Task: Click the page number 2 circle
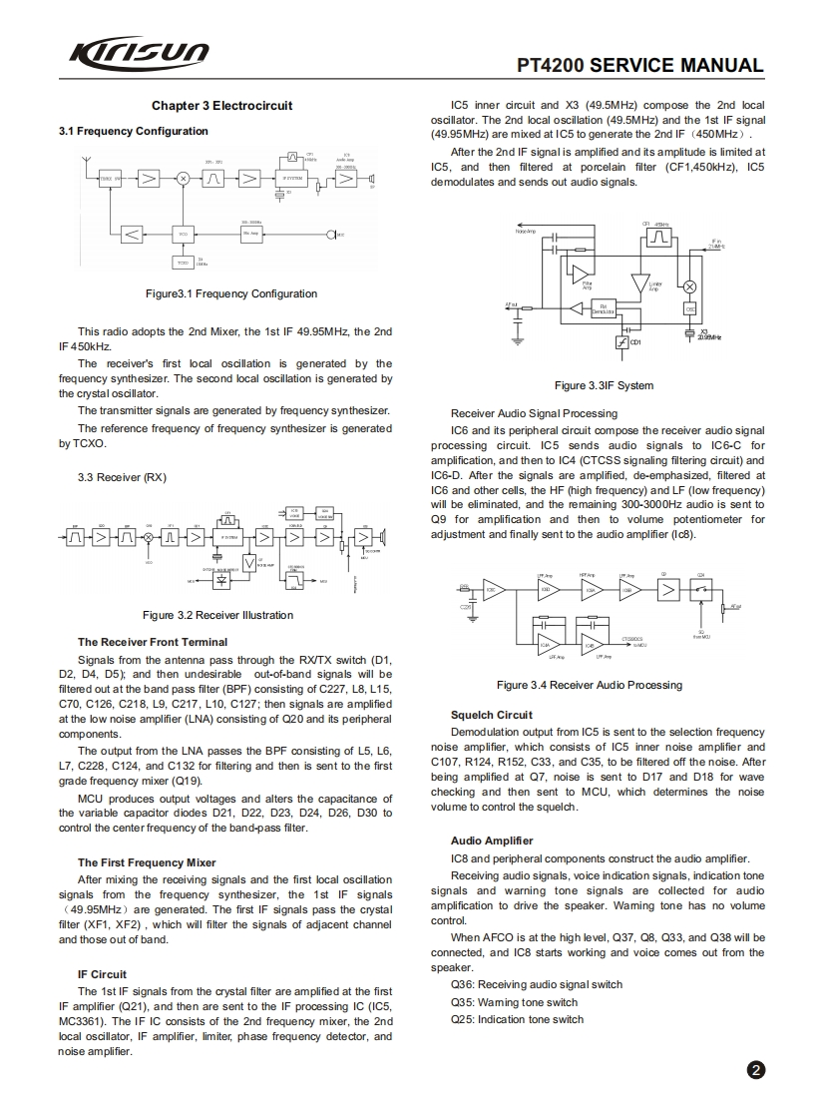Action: click(x=756, y=1070)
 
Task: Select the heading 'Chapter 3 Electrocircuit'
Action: click(x=221, y=106)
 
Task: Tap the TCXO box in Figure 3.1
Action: click(x=182, y=263)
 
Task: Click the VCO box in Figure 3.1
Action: click(x=182, y=234)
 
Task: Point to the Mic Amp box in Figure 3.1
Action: click(x=253, y=234)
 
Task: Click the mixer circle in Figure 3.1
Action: click(x=183, y=179)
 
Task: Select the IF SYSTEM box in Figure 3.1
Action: click(x=293, y=179)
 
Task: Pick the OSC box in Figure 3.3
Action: click(x=689, y=309)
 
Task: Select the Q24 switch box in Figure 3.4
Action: click(x=700, y=590)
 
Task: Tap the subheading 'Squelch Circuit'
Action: click(x=491, y=715)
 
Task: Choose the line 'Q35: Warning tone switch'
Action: click(x=514, y=1002)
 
